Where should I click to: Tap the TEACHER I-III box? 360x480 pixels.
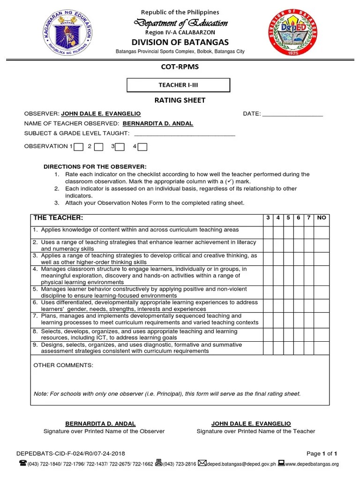click(x=179, y=85)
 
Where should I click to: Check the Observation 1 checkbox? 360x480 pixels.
click(x=79, y=147)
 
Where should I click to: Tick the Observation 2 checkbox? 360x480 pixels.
click(x=98, y=147)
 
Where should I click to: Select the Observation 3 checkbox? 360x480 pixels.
click(x=120, y=147)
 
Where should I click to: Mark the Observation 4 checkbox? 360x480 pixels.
click(x=142, y=147)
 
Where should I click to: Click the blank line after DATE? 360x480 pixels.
click(x=292, y=114)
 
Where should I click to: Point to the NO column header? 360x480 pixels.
click(x=321, y=217)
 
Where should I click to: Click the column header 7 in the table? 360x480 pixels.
click(x=308, y=217)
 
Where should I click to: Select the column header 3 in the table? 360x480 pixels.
click(x=268, y=217)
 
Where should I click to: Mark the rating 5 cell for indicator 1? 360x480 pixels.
click(x=288, y=232)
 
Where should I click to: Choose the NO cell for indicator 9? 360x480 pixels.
click(x=321, y=348)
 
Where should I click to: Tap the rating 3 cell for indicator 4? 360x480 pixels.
click(x=268, y=276)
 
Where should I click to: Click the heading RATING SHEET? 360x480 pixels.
click(x=180, y=100)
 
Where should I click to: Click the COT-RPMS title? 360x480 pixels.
click(x=180, y=67)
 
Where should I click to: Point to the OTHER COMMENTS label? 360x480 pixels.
click(x=63, y=365)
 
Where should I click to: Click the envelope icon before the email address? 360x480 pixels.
click(x=202, y=463)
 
